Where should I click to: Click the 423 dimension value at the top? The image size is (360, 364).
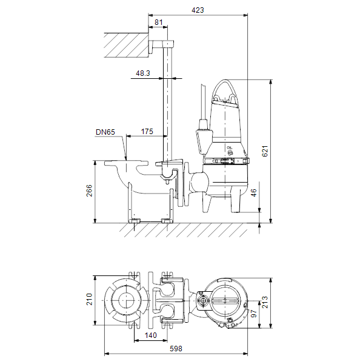click(198, 10)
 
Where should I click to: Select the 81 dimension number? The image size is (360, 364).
click(158, 22)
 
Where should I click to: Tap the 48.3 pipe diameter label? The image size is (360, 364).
click(143, 73)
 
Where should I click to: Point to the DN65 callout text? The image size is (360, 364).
click(105, 132)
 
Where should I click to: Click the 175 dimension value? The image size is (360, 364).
click(147, 132)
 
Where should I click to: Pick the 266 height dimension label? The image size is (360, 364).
click(89, 190)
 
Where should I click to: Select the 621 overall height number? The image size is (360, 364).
click(265, 151)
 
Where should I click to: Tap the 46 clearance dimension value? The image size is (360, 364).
click(254, 193)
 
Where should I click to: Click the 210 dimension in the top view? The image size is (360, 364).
click(89, 299)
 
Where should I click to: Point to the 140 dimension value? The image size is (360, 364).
click(151, 335)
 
